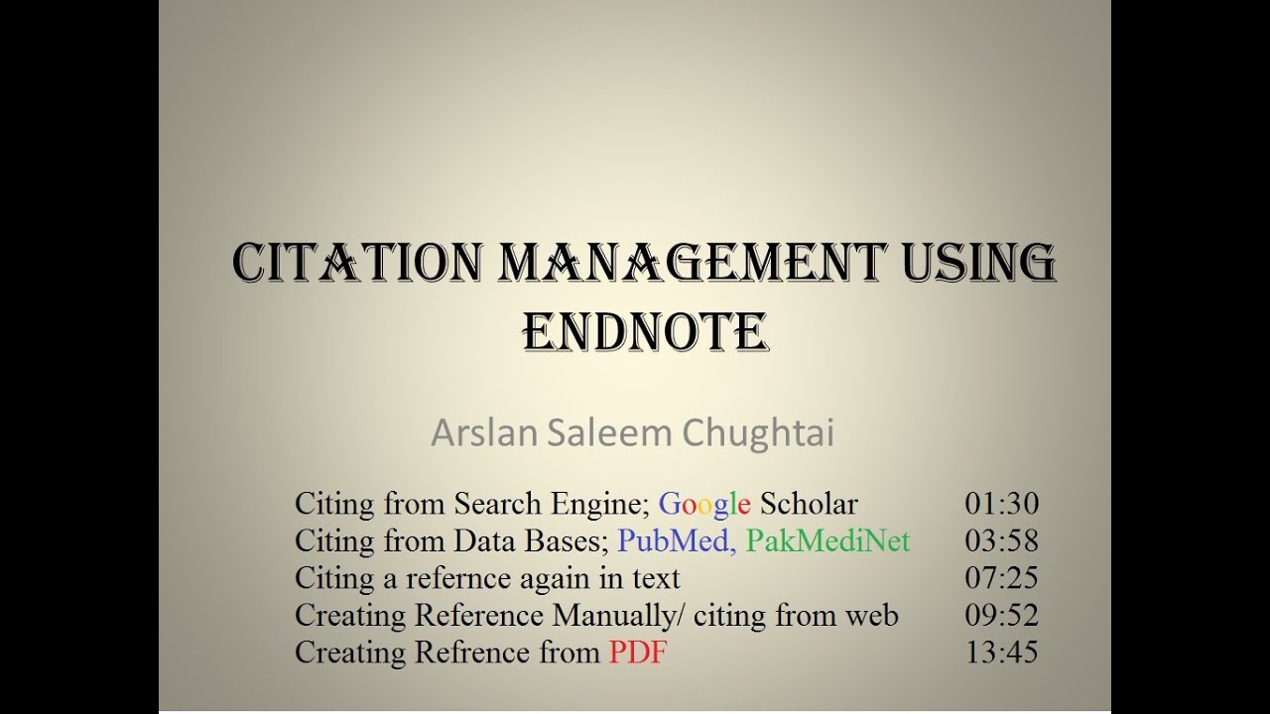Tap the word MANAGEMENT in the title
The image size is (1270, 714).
[691, 263]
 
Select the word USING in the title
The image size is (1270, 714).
[977, 263]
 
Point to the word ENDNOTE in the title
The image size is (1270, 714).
[645, 332]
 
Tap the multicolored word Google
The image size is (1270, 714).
[704, 504]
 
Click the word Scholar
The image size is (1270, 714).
[809, 504]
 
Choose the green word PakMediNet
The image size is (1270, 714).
[827, 540]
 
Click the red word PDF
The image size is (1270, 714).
[638, 653]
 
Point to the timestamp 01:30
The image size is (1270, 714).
[1001, 504]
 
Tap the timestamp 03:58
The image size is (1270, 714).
[1001, 540]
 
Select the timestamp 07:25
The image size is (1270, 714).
[1001, 578]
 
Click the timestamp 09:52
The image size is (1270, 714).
[1001, 616]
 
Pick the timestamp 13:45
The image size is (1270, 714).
[1001, 653]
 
